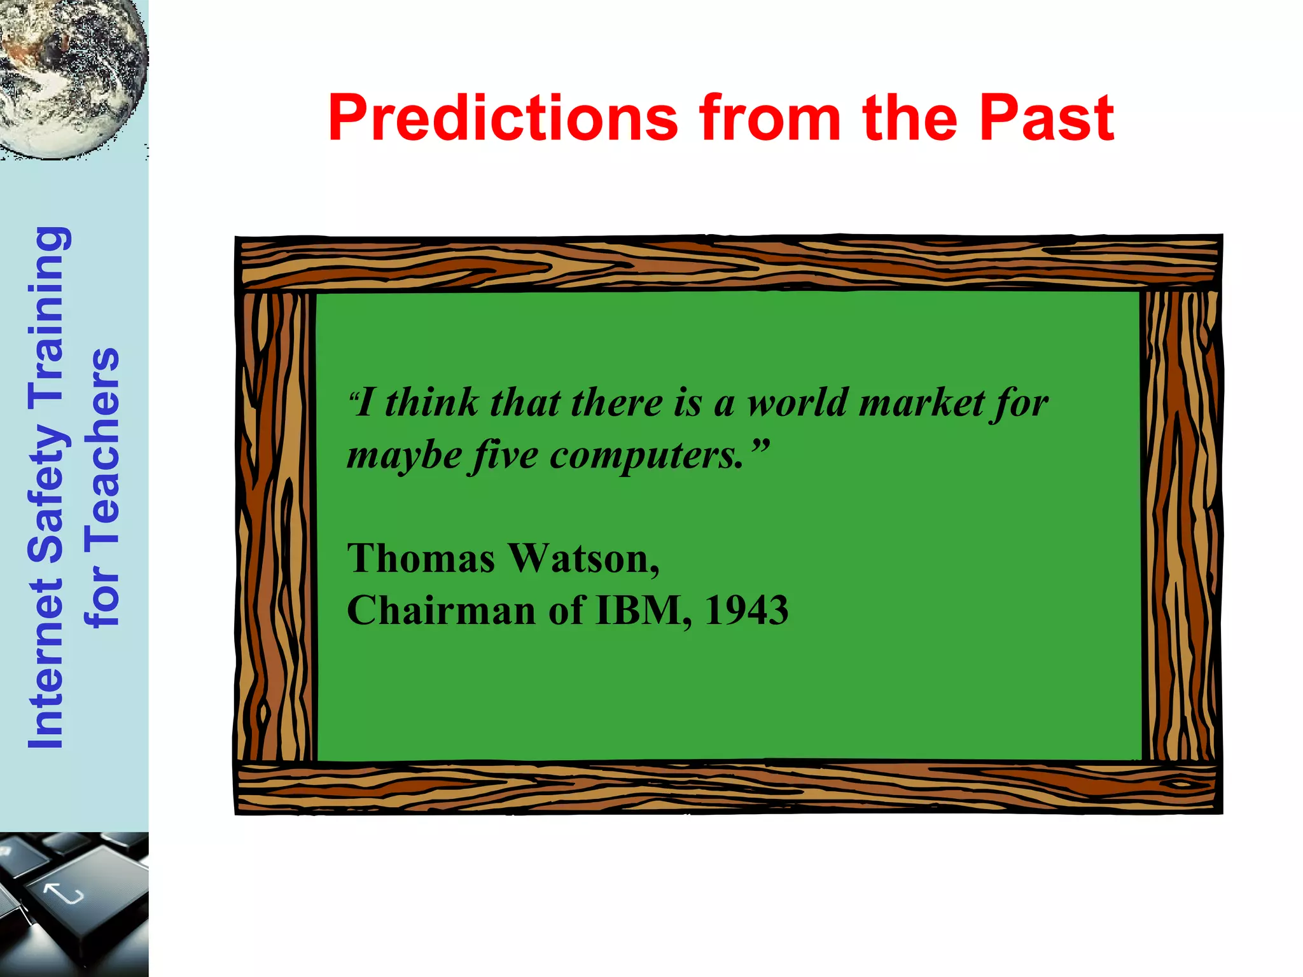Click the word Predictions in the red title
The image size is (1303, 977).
(503, 119)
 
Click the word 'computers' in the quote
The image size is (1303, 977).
(646, 456)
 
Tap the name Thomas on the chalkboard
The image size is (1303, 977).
(421, 558)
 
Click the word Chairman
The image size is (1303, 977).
(442, 611)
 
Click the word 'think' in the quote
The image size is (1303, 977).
(433, 403)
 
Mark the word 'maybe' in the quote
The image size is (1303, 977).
(405, 456)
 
